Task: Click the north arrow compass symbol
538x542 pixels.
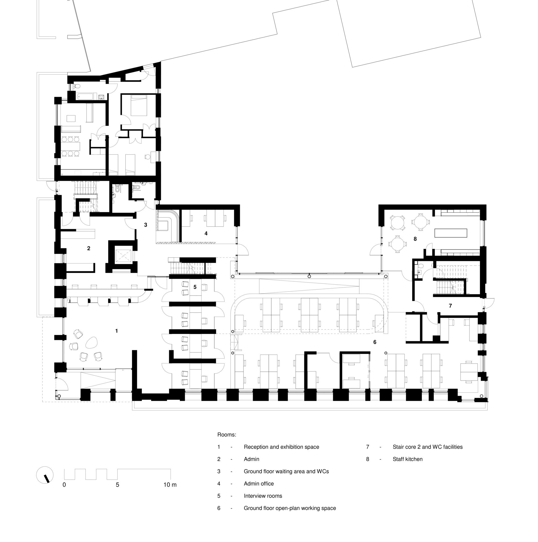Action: tap(45, 475)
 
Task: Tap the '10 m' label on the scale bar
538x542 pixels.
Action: tap(170, 485)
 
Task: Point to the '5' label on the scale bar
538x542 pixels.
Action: tap(117, 485)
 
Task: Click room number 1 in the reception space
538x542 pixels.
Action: tap(116, 331)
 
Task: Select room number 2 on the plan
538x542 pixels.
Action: tap(89, 248)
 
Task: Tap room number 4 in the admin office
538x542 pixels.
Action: tap(206, 233)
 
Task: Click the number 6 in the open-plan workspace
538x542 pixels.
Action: tap(375, 342)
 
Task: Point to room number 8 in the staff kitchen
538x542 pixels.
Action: tap(415, 239)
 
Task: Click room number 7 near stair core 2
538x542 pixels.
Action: tap(451, 306)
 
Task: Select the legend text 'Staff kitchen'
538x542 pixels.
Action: tap(407, 459)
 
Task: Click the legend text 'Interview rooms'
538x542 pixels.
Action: tap(263, 496)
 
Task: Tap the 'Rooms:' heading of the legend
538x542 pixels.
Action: tap(227, 435)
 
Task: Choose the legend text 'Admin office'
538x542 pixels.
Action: tap(259, 484)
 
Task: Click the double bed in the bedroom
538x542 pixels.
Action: tap(139, 105)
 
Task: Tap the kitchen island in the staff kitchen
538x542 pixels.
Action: tap(451, 233)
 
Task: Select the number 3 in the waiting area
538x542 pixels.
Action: tap(146, 225)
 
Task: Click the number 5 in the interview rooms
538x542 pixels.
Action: tap(195, 287)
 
